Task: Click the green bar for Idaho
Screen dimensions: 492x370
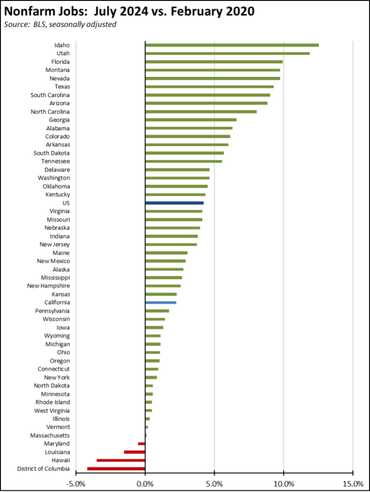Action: coord(232,45)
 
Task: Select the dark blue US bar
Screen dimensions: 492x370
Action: coord(174,203)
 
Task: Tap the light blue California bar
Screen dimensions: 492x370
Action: coord(161,303)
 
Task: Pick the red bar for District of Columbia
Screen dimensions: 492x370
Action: coord(116,468)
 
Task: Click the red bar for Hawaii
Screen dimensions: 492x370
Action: coord(121,460)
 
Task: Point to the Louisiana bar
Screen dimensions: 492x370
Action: coord(134,452)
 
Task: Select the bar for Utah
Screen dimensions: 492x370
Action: coord(227,53)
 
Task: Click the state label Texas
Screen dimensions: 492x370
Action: coord(62,86)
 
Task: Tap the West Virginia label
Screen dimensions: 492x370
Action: coord(52,410)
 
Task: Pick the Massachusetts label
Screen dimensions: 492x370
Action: coord(49,435)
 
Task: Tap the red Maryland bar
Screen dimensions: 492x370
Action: coord(142,443)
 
